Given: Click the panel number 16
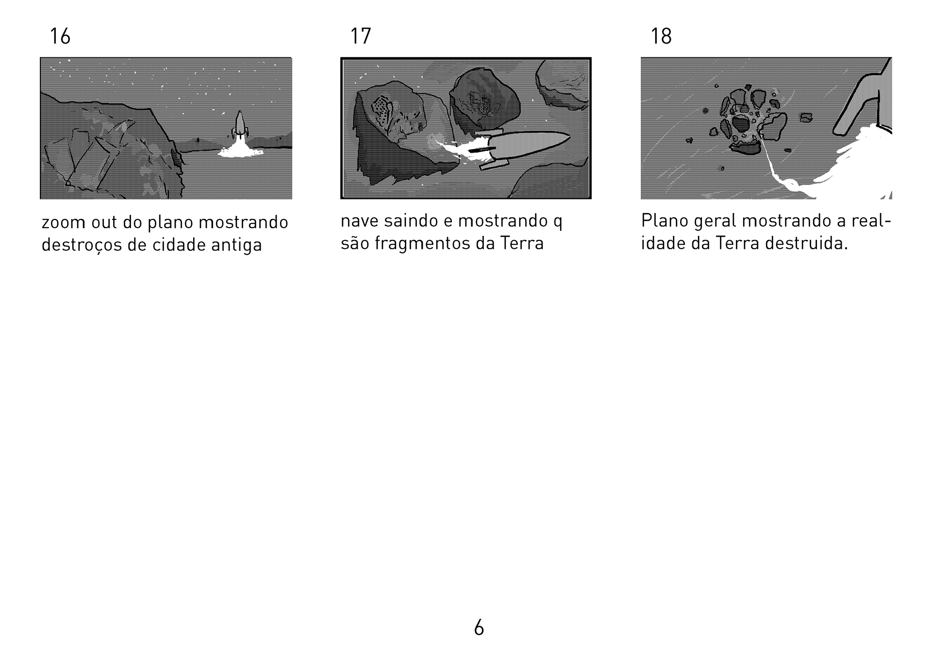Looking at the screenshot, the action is (x=60, y=36).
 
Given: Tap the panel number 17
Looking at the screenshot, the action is (x=361, y=36).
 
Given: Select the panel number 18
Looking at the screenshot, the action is (x=661, y=36).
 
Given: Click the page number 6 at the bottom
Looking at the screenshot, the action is (x=479, y=628).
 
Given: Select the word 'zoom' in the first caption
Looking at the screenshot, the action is (x=64, y=223).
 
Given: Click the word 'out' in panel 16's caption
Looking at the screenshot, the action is (x=104, y=223).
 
